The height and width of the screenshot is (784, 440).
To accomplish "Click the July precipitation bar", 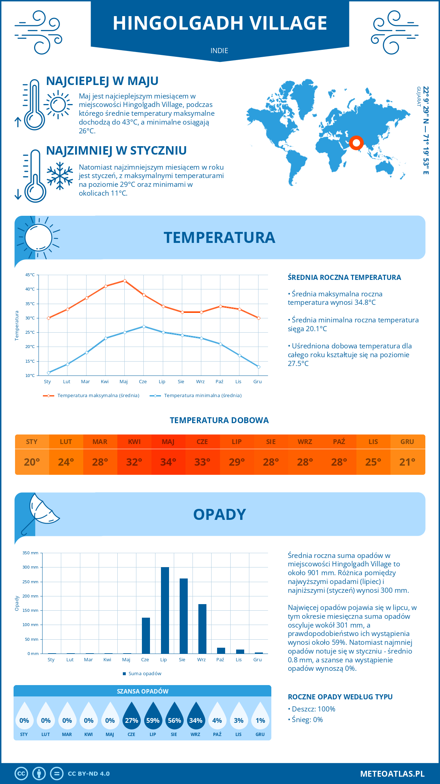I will pyautogui.click(x=165, y=610).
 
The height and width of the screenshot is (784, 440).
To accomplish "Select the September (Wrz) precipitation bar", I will pyautogui.click(x=202, y=629).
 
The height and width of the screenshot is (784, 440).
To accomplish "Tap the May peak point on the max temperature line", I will pyautogui.click(x=125, y=281).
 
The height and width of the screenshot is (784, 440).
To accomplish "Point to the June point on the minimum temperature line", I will pyautogui.click(x=144, y=326).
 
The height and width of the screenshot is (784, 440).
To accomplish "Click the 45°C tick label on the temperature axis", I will pyautogui.click(x=30, y=275).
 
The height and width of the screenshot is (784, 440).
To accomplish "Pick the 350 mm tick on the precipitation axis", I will pyautogui.click(x=30, y=553).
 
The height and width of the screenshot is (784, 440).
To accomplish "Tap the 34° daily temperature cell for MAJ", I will pyautogui.click(x=168, y=462).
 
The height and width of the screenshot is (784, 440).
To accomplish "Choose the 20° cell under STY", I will pyautogui.click(x=32, y=462).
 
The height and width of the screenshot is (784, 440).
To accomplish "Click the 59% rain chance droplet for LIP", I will pyautogui.click(x=153, y=720).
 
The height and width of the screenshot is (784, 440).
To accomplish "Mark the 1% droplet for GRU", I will pyautogui.click(x=260, y=720).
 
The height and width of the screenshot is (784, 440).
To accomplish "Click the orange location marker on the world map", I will pyautogui.click(x=356, y=143).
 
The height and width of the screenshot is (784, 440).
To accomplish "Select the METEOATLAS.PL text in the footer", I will pyautogui.click(x=392, y=774).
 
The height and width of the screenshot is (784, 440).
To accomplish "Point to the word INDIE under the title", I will pyautogui.click(x=219, y=51).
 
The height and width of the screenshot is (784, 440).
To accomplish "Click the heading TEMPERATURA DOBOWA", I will pyautogui.click(x=219, y=420).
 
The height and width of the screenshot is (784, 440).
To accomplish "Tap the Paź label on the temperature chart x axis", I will pyautogui.click(x=219, y=382).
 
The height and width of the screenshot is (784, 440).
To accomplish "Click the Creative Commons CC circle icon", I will pyautogui.click(x=21, y=774).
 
